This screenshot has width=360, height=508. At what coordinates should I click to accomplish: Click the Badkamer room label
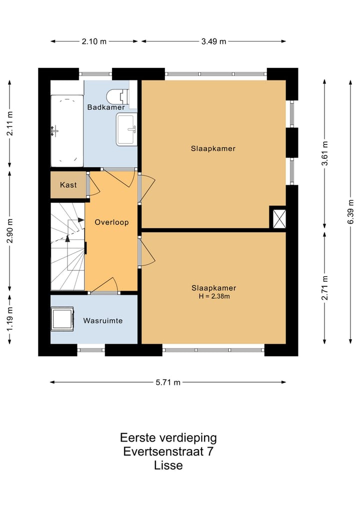click(x=106, y=107)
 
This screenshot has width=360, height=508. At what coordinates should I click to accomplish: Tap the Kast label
click(x=68, y=185)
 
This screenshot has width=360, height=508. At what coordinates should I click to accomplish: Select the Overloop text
click(x=112, y=222)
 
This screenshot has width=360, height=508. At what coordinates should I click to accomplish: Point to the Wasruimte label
click(x=103, y=321)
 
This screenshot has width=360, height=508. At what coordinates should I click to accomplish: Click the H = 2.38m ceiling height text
click(x=214, y=296)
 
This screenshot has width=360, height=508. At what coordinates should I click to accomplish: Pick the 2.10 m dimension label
click(x=94, y=41)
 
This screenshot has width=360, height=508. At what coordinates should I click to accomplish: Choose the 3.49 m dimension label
click(x=213, y=41)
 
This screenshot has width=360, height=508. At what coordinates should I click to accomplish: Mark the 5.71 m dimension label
click(x=168, y=382)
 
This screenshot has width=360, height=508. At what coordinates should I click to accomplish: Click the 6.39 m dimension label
click(x=350, y=212)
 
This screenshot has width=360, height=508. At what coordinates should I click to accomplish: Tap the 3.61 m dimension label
click(x=324, y=153)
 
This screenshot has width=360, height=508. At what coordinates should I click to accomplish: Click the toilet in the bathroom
click(x=117, y=96)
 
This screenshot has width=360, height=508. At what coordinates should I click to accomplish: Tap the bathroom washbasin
click(x=126, y=129)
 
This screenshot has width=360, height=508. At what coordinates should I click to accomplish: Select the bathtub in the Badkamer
click(x=67, y=131)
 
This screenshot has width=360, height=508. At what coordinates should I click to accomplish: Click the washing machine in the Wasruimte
click(x=62, y=319)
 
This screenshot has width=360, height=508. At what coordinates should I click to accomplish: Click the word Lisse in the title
click(x=168, y=466)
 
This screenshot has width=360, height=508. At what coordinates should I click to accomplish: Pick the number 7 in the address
click(x=210, y=451)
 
